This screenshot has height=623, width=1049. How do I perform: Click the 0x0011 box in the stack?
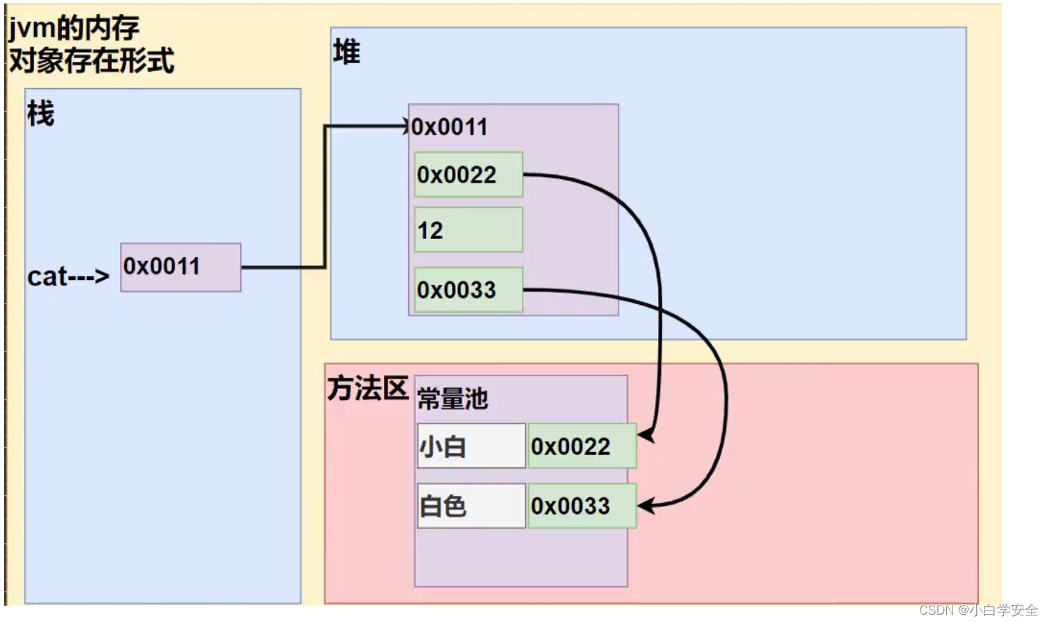click(x=181, y=267)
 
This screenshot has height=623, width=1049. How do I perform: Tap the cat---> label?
click(x=68, y=276)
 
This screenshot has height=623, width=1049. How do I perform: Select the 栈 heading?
click(x=40, y=113)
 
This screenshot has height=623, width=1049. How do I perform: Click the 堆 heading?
click(x=346, y=52)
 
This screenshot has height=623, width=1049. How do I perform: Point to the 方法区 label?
click(x=367, y=388)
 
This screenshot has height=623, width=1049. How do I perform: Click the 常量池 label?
click(x=453, y=399)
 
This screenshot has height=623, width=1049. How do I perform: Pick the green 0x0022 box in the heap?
click(x=468, y=174)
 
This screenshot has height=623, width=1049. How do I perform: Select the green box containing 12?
click(x=468, y=230)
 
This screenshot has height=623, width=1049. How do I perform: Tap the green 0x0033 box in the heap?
click(x=468, y=290)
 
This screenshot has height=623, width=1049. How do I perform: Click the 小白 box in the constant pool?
click(x=471, y=446)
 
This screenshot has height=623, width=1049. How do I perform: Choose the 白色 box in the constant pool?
click(x=471, y=506)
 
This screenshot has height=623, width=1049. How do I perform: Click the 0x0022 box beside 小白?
click(x=582, y=446)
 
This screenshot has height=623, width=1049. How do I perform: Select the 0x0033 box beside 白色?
click(x=582, y=506)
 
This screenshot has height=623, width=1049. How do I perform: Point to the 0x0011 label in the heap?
click(x=449, y=127)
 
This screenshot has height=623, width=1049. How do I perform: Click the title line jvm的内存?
click(x=74, y=28)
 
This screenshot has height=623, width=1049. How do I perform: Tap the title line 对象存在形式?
click(x=92, y=61)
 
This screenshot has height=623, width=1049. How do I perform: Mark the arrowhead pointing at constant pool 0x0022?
click(x=646, y=436)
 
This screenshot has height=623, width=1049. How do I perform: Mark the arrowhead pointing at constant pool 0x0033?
click(x=646, y=506)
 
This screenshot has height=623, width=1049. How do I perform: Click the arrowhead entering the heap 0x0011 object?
click(x=406, y=126)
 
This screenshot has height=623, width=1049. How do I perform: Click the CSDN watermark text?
click(x=977, y=610)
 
